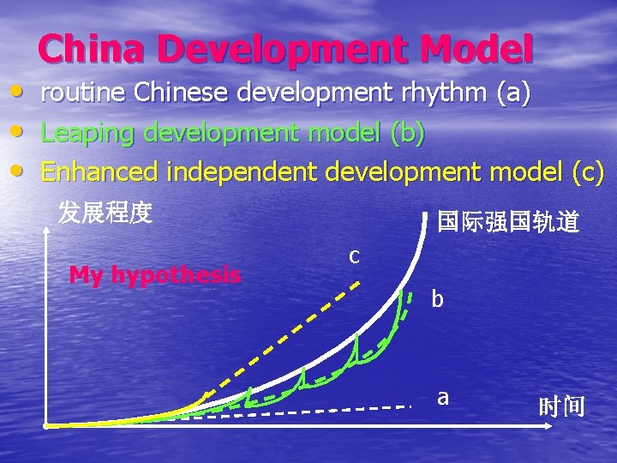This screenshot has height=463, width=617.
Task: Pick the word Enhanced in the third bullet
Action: [99, 171]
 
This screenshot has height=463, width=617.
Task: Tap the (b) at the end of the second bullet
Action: [406, 134]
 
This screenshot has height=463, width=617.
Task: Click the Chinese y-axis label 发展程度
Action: [105, 212]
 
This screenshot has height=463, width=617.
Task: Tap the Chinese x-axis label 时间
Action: [561, 406]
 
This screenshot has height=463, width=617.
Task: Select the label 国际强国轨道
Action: [507, 222]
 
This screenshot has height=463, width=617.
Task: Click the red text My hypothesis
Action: [154, 275]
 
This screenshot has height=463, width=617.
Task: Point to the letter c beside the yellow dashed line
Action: [353, 255]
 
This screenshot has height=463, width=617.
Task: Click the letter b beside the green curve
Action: [438, 299]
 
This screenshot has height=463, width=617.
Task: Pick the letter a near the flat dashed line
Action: [442, 397]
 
